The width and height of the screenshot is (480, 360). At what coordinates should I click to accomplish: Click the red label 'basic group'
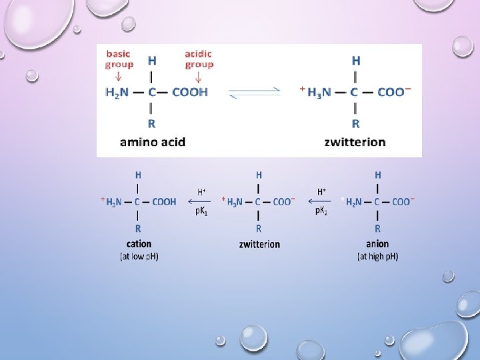(119, 59)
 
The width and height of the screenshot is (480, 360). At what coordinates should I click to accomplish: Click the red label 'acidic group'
(199, 59)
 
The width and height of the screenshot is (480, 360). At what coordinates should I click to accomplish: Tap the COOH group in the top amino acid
(190, 92)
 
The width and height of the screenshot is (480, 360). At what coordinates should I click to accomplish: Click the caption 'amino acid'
(153, 141)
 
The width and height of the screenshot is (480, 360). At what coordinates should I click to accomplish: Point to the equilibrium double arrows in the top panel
(255, 93)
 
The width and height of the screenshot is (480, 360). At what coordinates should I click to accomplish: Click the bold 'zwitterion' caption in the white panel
(355, 141)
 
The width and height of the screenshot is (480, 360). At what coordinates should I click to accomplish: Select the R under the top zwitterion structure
(355, 123)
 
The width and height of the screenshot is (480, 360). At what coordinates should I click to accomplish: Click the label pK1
(202, 211)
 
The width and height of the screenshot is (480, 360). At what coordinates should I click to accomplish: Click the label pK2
(321, 211)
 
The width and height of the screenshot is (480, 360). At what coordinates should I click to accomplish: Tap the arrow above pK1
(197, 201)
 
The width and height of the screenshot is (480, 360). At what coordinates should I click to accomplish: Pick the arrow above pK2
(321, 201)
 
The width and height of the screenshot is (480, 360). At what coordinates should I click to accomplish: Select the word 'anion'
(377, 244)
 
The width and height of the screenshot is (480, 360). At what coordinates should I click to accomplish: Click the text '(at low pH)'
(139, 256)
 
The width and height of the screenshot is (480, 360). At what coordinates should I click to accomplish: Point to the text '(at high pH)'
(377, 256)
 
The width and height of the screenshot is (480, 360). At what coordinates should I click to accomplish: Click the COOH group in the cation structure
(165, 201)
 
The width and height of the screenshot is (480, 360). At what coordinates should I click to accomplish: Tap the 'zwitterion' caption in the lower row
(259, 244)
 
